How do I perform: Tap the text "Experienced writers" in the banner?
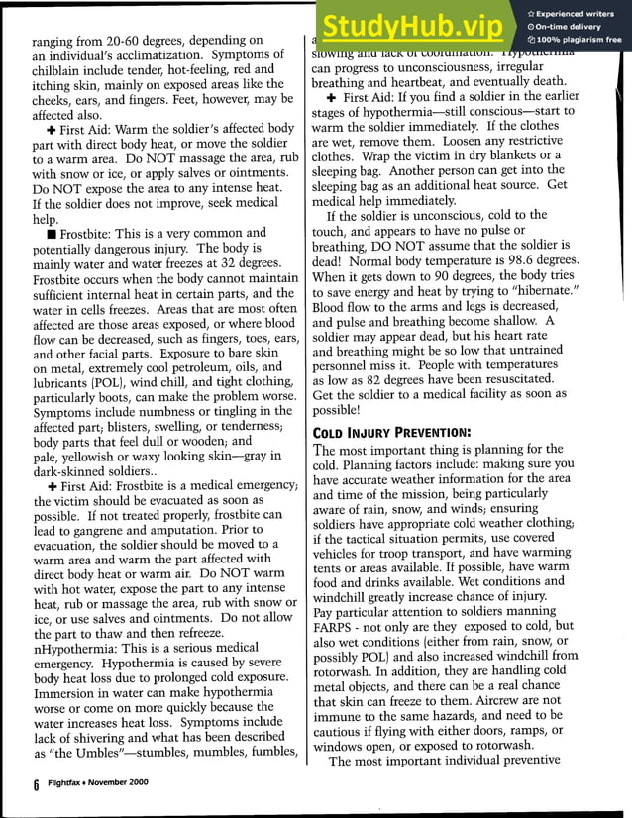pyautogui.click(x=577, y=13)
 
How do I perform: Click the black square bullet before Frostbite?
pyautogui.click(x=37, y=233)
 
